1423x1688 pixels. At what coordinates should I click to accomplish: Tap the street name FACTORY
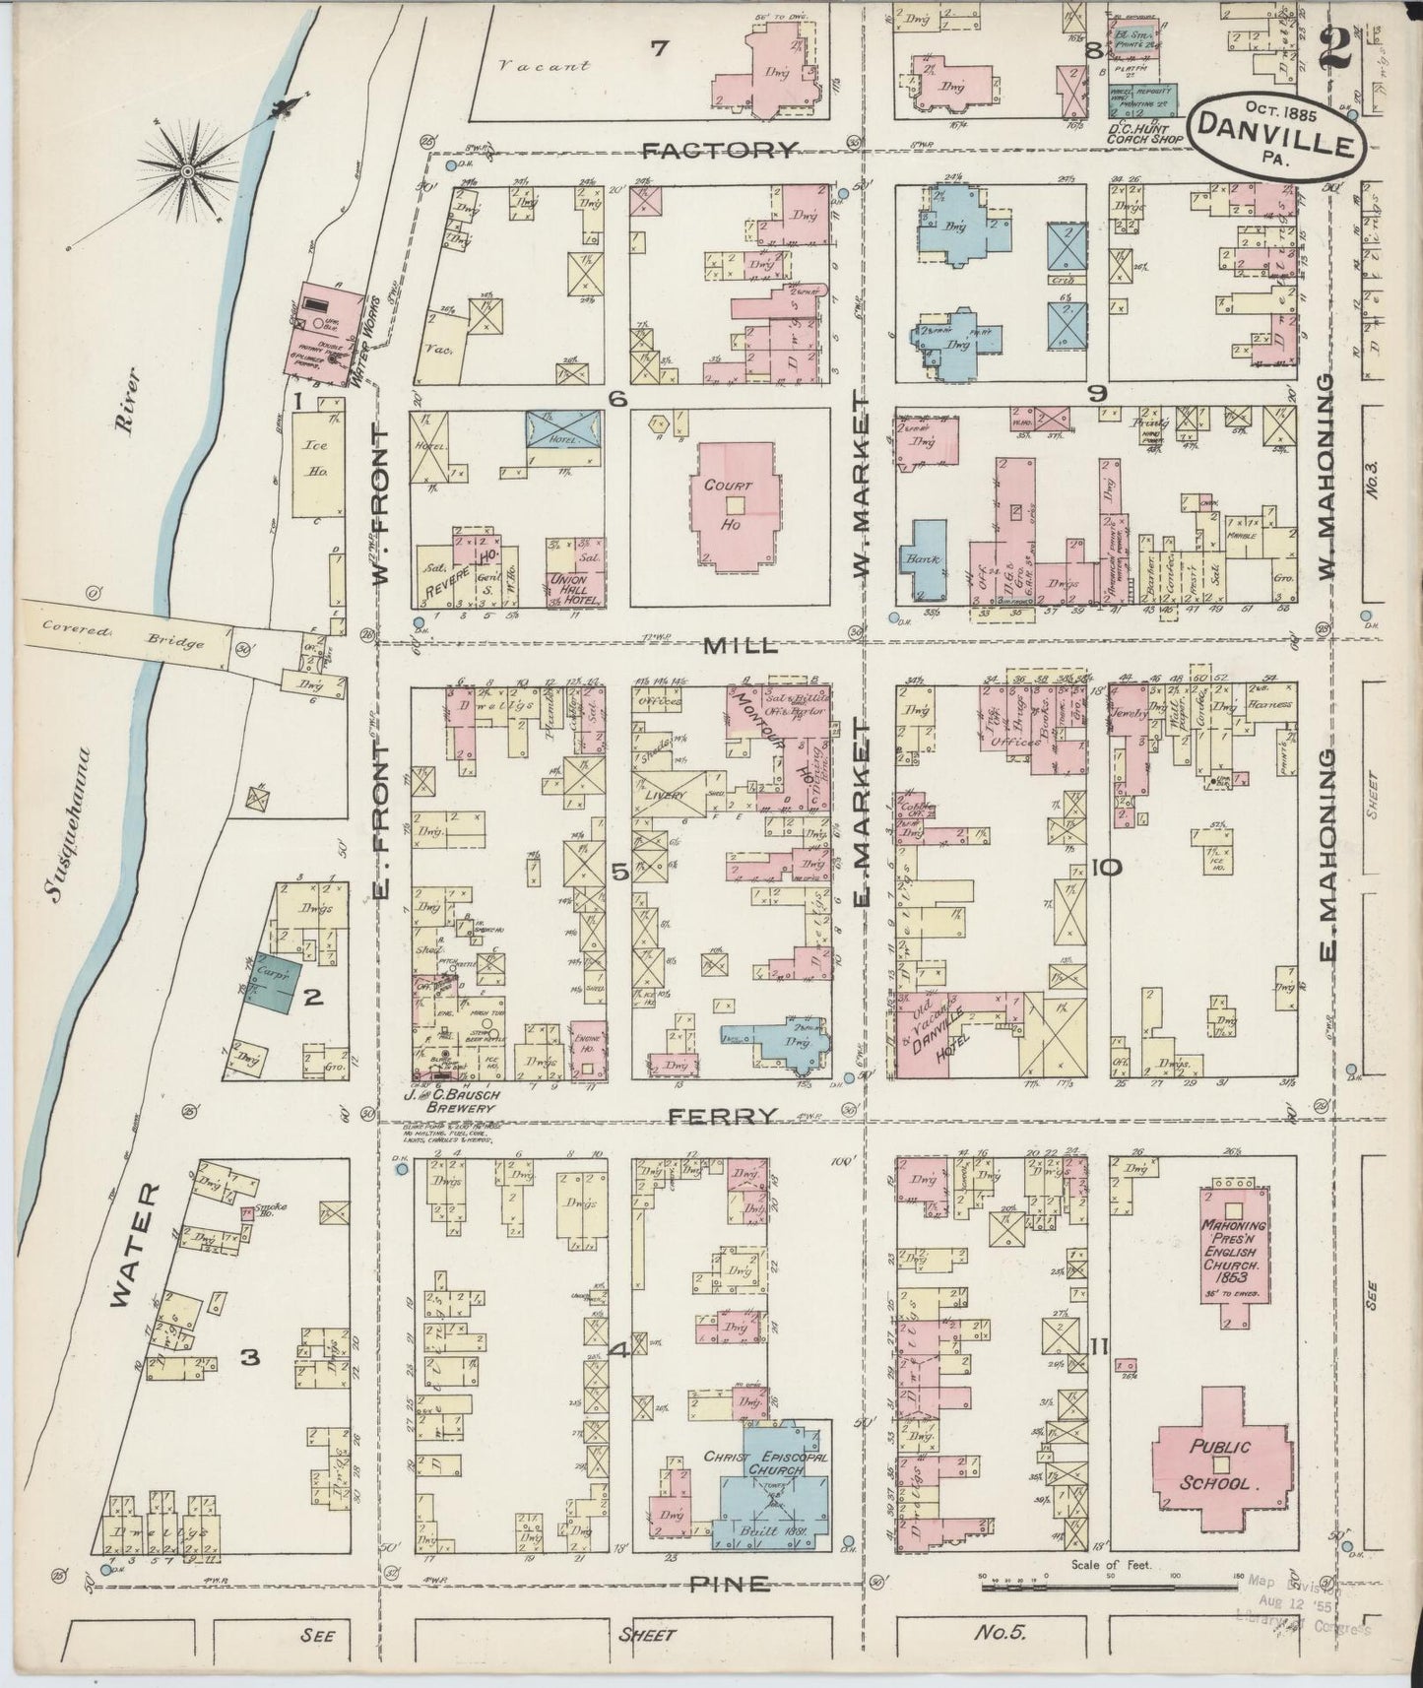[718, 151]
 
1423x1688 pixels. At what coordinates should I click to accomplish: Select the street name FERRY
[723, 1116]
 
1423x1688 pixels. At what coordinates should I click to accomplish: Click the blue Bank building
[924, 558]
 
